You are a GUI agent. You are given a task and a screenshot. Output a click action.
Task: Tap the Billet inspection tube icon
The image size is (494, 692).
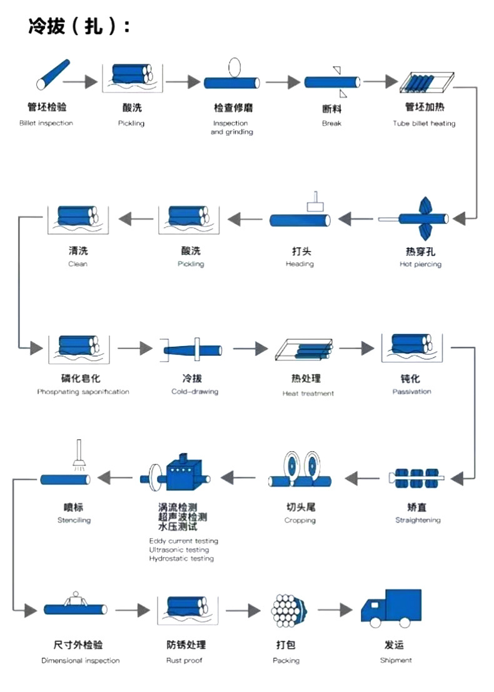[x=53, y=75]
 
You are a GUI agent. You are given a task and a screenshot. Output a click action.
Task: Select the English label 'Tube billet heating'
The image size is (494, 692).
[x=424, y=123]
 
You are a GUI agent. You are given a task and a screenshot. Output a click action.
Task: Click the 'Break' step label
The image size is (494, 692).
[x=331, y=123]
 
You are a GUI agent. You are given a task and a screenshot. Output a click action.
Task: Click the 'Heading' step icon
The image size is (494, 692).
[x=300, y=216]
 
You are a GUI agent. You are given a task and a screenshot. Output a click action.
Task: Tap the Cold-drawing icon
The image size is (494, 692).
[x=194, y=349]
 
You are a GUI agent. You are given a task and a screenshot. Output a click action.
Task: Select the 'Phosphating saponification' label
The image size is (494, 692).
[x=83, y=392]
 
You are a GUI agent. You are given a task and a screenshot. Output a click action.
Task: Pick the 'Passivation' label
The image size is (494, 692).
[x=411, y=392]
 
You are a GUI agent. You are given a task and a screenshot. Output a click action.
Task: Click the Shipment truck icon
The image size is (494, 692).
[x=391, y=608]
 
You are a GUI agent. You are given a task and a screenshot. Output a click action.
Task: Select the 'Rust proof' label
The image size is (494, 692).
[x=184, y=661]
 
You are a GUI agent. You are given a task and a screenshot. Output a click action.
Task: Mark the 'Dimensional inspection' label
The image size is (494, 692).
[x=80, y=661]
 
